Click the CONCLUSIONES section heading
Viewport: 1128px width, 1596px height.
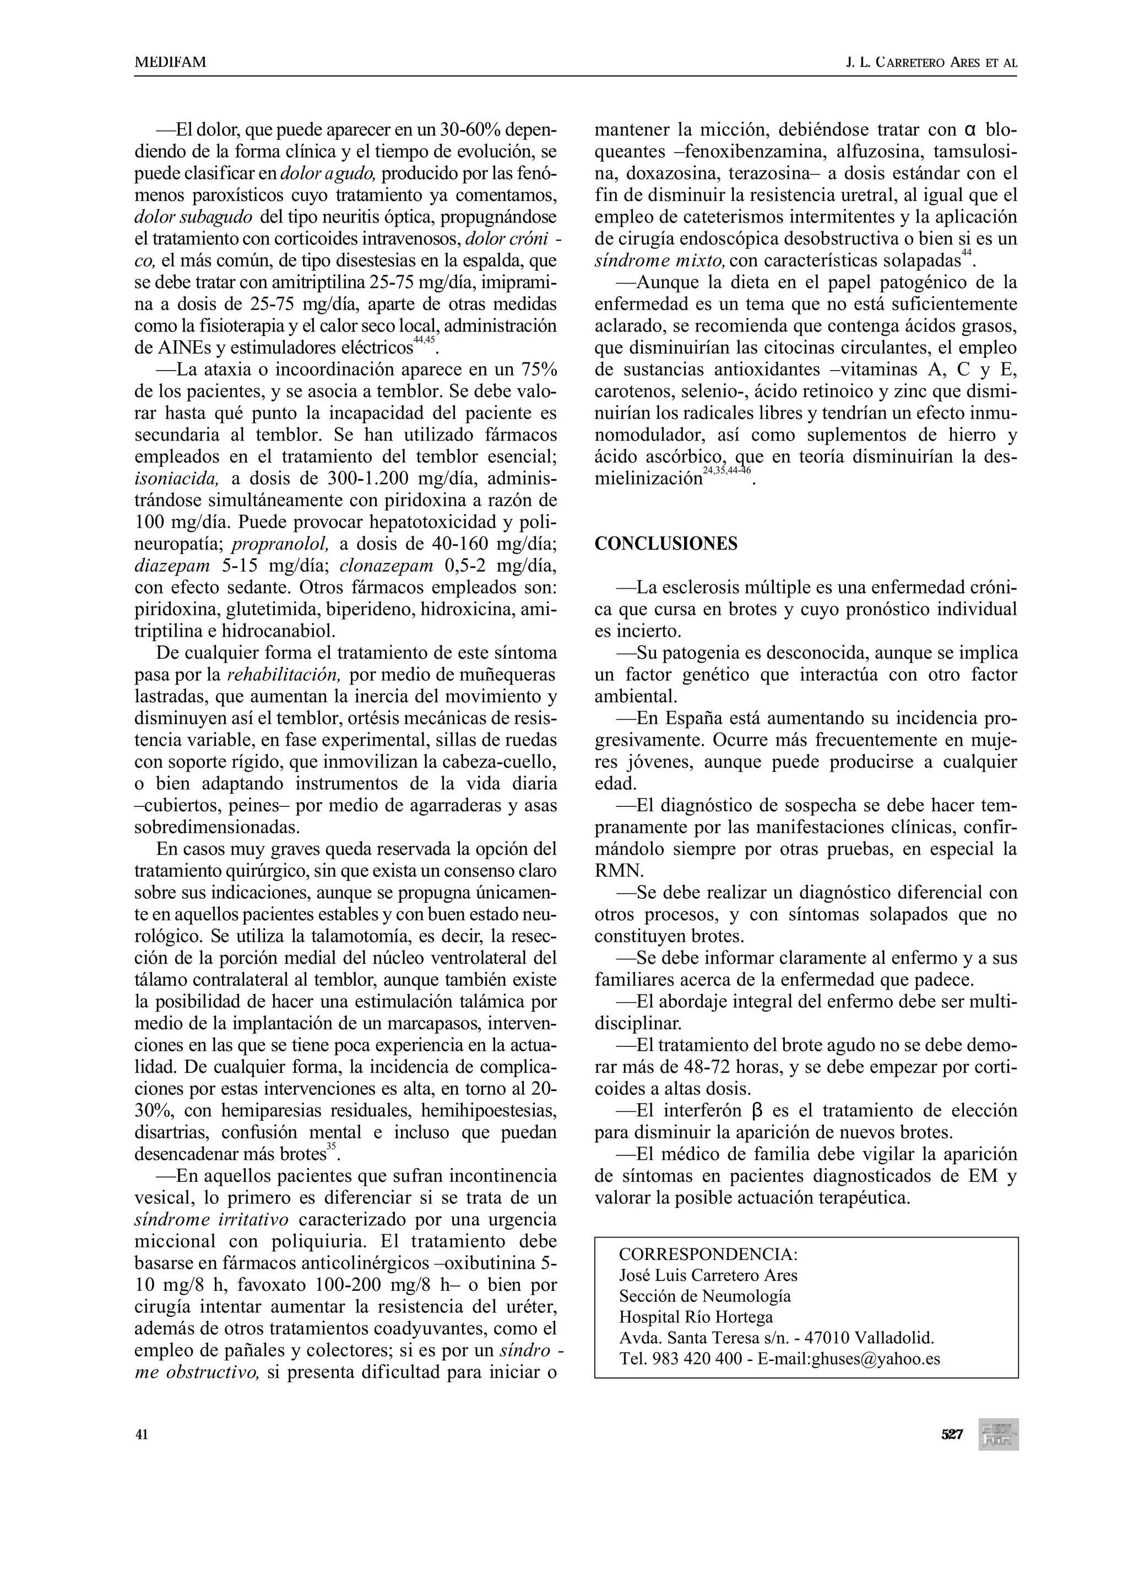pos(665,544)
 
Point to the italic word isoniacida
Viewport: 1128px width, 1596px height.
pos(177,479)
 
